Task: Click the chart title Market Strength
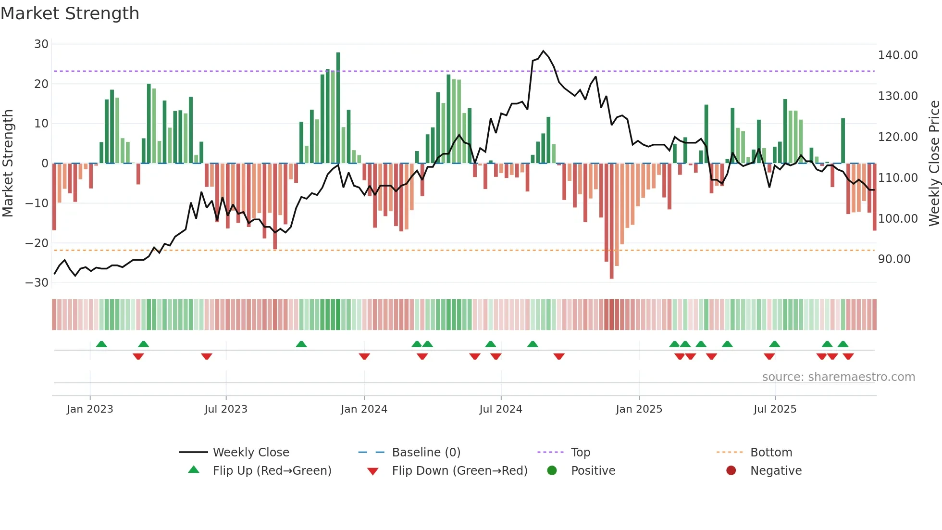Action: click(70, 13)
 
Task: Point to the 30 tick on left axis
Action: click(41, 44)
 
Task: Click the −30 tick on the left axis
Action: click(37, 283)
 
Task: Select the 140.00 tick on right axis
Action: click(897, 55)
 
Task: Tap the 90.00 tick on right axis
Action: click(894, 259)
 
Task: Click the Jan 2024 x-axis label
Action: click(364, 409)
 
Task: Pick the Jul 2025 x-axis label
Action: click(775, 409)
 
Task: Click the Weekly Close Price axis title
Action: click(934, 163)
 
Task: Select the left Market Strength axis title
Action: click(8, 163)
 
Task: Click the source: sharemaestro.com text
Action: click(838, 377)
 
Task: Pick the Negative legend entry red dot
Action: click(731, 471)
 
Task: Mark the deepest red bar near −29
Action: click(611, 221)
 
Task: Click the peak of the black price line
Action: click(543, 50)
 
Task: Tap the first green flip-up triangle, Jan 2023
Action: click(101, 344)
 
